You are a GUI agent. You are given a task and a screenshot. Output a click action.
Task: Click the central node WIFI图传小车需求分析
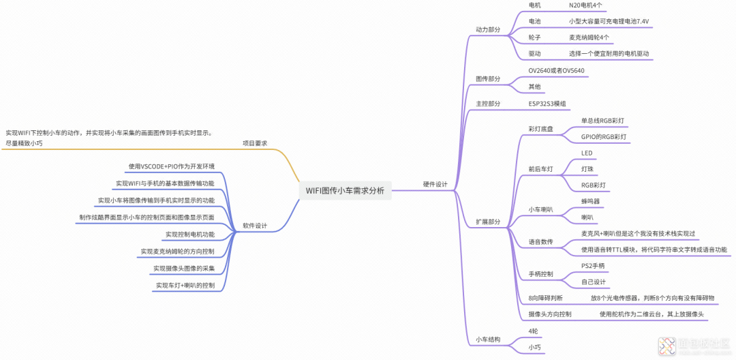coord(345,191)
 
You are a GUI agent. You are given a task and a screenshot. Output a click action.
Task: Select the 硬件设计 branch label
coord(435,184)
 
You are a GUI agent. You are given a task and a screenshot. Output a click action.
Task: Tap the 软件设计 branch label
coord(255,226)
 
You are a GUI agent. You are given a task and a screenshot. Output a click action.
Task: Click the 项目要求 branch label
coord(255,143)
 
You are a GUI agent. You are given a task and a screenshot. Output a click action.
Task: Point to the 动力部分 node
coord(488,30)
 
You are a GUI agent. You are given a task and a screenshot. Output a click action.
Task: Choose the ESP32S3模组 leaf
coord(547,104)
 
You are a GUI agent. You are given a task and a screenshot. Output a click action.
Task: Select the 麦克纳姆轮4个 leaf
coord(589,37)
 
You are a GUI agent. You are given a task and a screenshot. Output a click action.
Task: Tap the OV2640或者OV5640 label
coord(556,70)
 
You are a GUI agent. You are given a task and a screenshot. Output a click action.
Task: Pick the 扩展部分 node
coord(488,222)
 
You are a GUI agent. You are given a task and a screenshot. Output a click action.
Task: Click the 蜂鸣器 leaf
coord(590,201)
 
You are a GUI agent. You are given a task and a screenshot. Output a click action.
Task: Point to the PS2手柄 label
coord(593,265)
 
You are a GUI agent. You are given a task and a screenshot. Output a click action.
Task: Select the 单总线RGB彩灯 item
coord(602,121)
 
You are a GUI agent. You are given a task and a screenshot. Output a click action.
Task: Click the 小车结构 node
coord(488,339)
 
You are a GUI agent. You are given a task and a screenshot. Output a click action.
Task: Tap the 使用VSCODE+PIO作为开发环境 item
coord(172,166)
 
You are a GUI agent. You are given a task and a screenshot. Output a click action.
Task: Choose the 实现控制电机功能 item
coord(190,235)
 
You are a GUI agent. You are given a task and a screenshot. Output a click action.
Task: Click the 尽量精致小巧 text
coord(24,143)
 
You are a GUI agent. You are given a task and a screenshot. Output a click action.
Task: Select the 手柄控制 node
coord(541,274)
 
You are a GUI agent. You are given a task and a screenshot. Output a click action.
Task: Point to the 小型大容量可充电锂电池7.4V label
coord(609,21)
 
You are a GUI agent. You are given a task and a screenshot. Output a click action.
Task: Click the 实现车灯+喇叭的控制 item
coord(185,286)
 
